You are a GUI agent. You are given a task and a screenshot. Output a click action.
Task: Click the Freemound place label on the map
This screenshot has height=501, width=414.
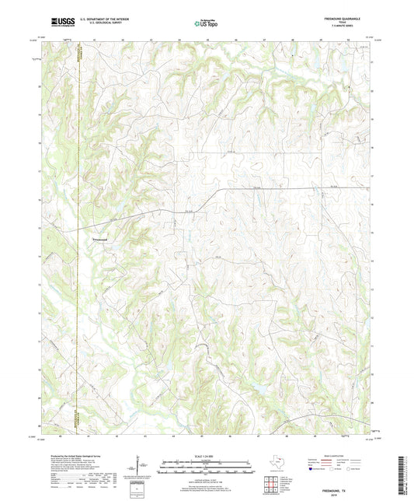[x=102, y=238]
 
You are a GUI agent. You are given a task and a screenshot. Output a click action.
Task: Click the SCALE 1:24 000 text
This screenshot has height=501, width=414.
[x=206, y=457]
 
